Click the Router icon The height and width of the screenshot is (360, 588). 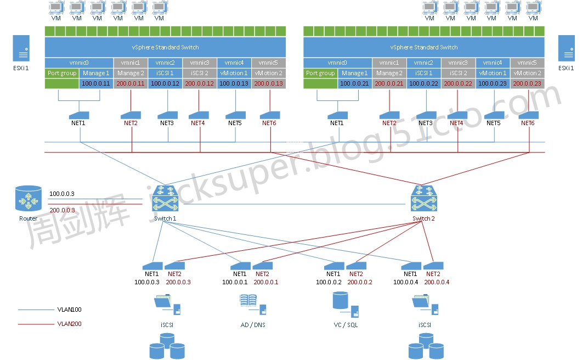click(x=29, y=199)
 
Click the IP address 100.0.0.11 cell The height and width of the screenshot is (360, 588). click(x=96, y=83)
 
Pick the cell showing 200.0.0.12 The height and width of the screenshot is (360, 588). click(x=200, y=83)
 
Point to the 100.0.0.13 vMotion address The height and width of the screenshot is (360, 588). click(x=234, y=83)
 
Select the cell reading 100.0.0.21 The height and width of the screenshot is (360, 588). click(x=354, y=83)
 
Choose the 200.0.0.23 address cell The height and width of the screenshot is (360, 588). click(x=527, y=83)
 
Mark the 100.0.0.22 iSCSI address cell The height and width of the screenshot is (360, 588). click(x=423, y=83)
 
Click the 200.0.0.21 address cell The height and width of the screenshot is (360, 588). click(x=389, y=83)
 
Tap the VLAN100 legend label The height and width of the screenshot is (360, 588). click(x=69, y=310)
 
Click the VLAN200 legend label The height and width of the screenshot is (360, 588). click(x=69, y=324)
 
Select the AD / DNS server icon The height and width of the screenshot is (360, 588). click(x=252, y=305)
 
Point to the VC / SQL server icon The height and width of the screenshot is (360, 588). click(x=345, y=305)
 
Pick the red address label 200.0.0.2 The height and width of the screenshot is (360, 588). click(x=360, y=282)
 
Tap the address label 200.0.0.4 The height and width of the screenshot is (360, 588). click(x=437, y=282)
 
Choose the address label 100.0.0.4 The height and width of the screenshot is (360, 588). click(x=406, y=282)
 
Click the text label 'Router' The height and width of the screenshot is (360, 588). click(x=29, y=218)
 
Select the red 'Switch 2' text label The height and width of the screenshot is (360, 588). click(x=423, y=218)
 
